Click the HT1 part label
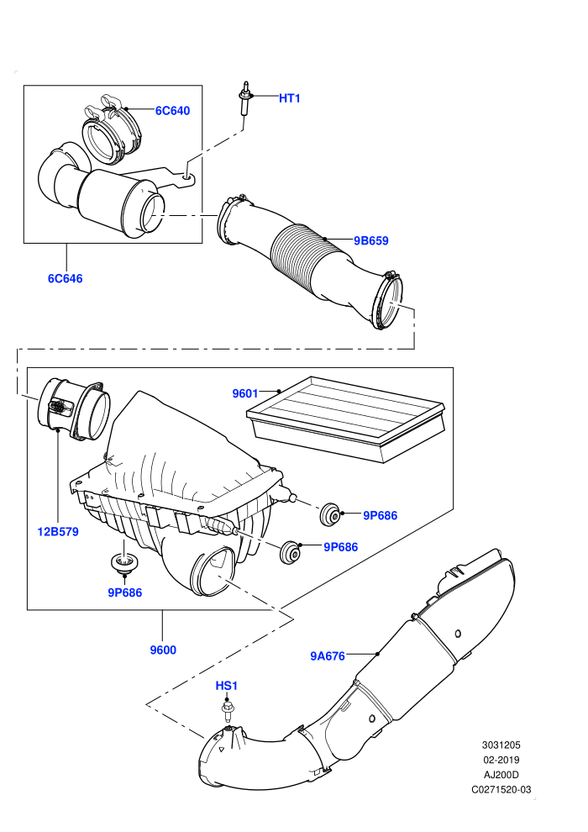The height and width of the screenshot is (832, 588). point(290,98)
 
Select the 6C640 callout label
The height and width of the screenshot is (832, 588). point(172,111)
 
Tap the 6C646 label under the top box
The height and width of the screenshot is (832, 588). point(66,278)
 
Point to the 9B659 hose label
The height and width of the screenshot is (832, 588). point(371,241)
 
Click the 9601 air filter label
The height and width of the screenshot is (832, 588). point(245,393)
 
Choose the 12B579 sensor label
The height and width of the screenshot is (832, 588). point(58,532)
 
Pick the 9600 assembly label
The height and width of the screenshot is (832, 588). point(163,650)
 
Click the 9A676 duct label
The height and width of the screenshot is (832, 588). point(328,656)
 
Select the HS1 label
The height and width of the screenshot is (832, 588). point(227,686)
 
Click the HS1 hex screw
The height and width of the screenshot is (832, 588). point(228,712)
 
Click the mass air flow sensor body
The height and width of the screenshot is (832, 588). point(74,408)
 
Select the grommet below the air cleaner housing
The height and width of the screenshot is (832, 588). point(123,562)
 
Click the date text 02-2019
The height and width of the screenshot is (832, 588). point(501,760)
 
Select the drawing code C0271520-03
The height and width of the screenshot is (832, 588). point(501,789)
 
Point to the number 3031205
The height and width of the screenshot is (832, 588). point(501,745)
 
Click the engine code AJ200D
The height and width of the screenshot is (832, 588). point(501,775)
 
